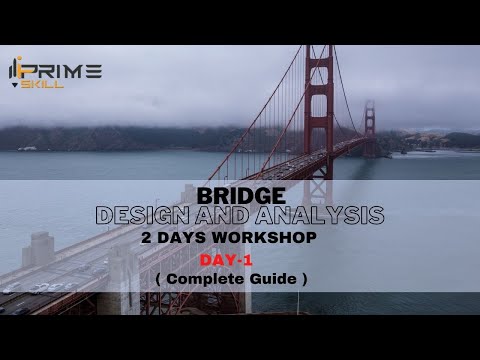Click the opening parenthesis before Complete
160,278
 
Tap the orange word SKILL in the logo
48,85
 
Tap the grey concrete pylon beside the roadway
38,250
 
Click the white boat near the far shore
28,148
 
